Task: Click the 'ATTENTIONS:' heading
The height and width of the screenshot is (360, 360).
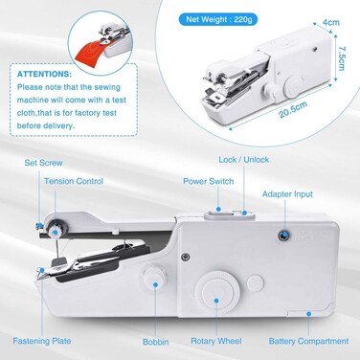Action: [44, 72]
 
